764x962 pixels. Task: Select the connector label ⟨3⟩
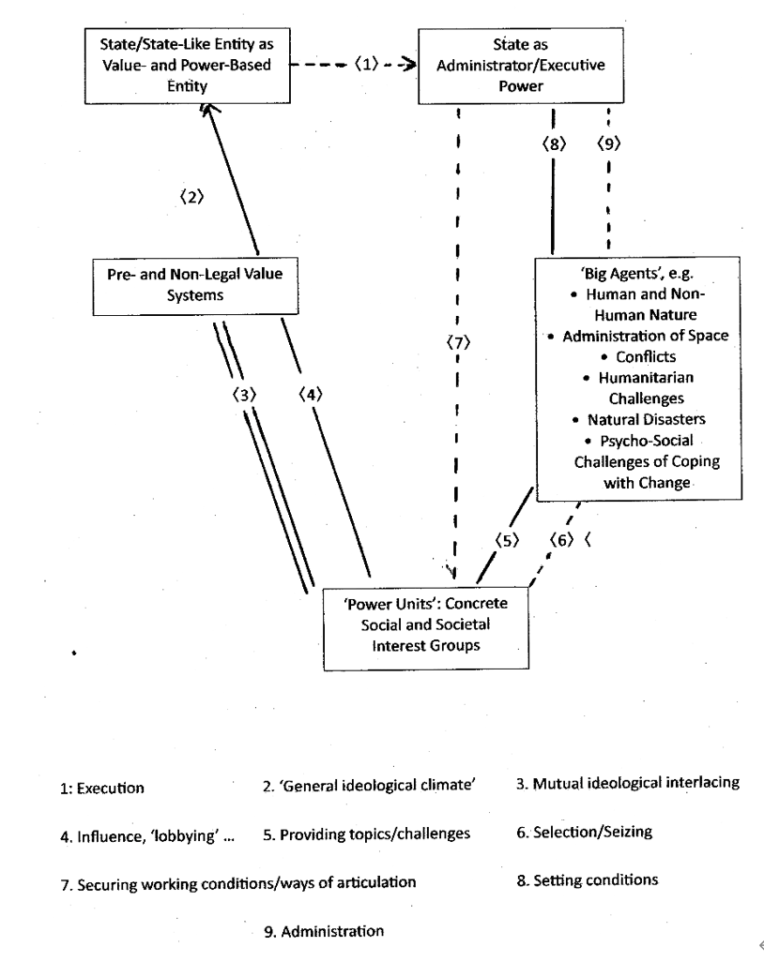245,395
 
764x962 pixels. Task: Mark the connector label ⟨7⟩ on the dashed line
457,343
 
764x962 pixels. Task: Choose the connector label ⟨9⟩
610,145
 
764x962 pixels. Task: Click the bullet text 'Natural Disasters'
639,418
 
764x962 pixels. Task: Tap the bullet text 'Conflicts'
639,357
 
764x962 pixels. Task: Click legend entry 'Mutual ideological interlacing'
628,784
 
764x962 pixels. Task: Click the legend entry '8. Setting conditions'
587,880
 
